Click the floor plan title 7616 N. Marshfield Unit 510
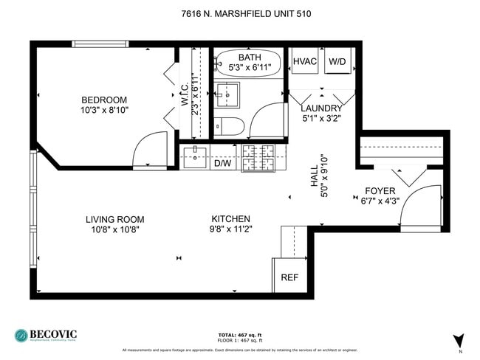pos(240,13)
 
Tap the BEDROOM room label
pos(104,100)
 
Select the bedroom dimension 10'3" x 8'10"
pos(104,111)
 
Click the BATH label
pos(250,57)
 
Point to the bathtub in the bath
pos(249,62)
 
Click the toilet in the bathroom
pos(225,125)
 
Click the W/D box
pos(337,61)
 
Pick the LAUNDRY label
pos(321,108)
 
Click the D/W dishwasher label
pos(222,164)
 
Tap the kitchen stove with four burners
pos(259,156)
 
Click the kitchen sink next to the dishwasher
pos(195,156)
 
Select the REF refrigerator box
pos(289,277)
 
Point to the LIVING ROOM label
pos(114,219)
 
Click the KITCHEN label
pos(231,219)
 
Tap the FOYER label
pos(380,190)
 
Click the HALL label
pos(315,179)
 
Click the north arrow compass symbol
pos(458,340)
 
